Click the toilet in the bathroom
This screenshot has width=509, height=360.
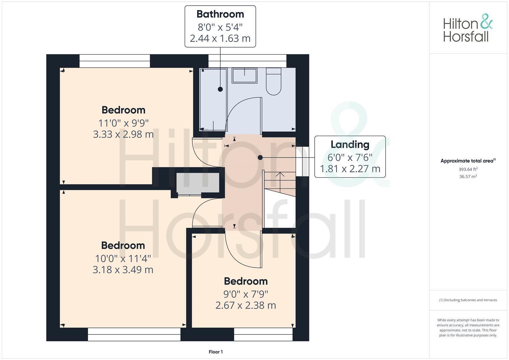click(273, 82)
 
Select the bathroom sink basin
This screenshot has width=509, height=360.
click(244, 76)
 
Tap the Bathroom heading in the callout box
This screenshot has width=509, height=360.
click(220, 14)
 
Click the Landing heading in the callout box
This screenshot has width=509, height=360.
click(350, 144)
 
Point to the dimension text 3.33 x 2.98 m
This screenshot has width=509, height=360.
click(123, 134)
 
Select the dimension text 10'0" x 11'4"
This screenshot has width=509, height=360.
click(123, 258)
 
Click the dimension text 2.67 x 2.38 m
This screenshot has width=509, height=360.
click(246, 305)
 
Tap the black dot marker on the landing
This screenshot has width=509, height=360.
click(260, 157)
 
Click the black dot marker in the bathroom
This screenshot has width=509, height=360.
click(220, 89)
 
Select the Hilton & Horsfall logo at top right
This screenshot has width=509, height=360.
click(468, 28)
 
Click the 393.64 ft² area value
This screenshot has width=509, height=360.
click(468, 169)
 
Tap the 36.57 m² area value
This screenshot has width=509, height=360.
click(468, 177)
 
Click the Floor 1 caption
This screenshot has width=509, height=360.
click(216, 352)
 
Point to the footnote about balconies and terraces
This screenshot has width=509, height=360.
click(468, 300)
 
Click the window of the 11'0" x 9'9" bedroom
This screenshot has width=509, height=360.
click(115, 61)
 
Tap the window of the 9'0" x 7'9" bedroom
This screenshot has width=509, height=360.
click(263, 334)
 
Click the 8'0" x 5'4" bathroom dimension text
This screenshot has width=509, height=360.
click(220, 27)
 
